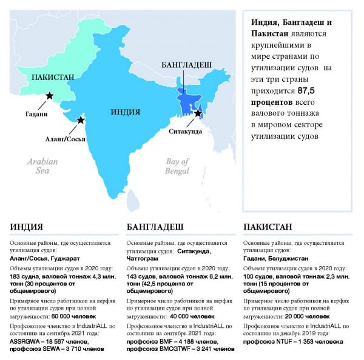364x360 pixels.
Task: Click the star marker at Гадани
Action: coord(49,96)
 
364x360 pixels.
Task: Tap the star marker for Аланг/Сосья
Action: coord(81,121)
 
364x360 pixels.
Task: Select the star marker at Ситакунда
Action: coord(198,113)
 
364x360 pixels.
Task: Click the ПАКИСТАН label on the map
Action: coord(53,77)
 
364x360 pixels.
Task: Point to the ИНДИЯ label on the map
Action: coord(126,112)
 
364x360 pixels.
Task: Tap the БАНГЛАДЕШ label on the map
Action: coord(186,64)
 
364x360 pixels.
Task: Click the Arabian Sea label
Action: coord(42,166)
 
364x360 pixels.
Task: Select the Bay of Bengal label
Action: coord(178,166)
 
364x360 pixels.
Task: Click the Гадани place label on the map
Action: coord(36,113)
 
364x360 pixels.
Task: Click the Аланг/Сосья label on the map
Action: coord(66,138)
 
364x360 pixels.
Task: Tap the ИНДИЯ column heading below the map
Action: coord(26,227)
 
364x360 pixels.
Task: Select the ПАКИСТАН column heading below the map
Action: coord(268,227)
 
